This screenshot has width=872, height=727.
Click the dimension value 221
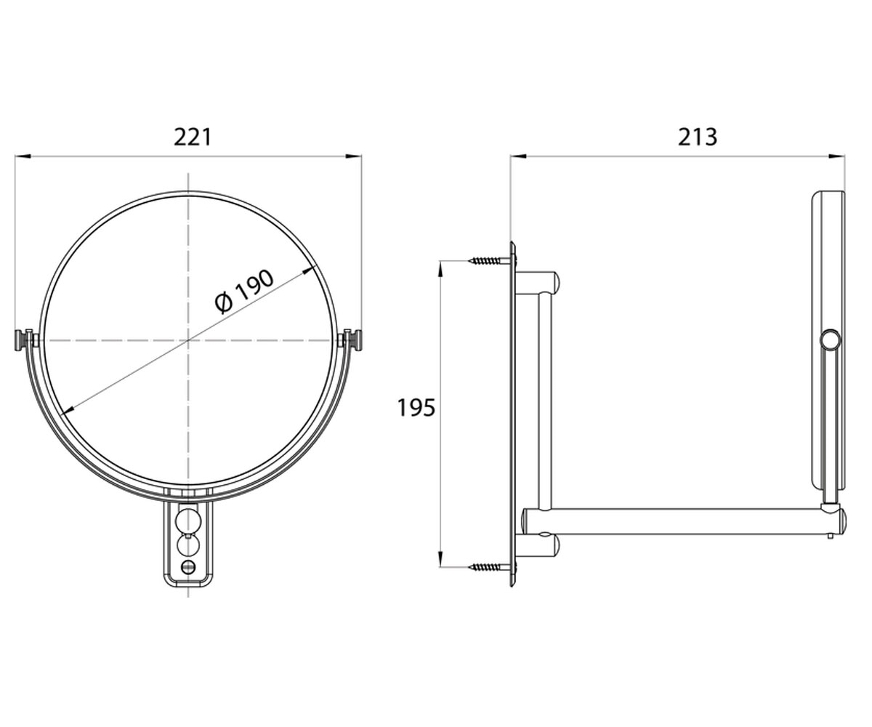193,137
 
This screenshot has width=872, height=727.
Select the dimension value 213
698,137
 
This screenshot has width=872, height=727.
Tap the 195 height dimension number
416,408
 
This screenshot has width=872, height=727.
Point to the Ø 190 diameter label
244,292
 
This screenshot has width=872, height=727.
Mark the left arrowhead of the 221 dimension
23,156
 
